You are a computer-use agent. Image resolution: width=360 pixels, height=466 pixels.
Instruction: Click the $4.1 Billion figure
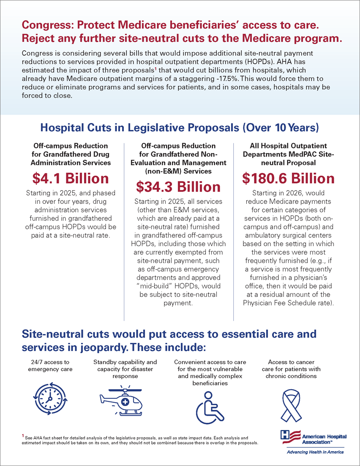pyautogui.click(x=71, y=178)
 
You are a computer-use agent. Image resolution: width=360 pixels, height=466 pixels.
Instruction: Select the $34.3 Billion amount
pyautogui.click(x=178, y=186)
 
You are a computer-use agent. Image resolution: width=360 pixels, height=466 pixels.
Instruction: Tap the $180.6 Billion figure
pyautogui.click(x=288, y=178)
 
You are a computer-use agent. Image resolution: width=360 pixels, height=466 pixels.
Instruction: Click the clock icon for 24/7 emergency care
pyautogui.click(x=49, y=397)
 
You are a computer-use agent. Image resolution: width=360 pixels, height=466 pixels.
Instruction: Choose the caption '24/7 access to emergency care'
pyautogui.click(x=49, y=366)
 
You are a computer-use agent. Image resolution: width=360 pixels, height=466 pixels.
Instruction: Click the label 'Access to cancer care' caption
pyautogui.click(x=288, y=369)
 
